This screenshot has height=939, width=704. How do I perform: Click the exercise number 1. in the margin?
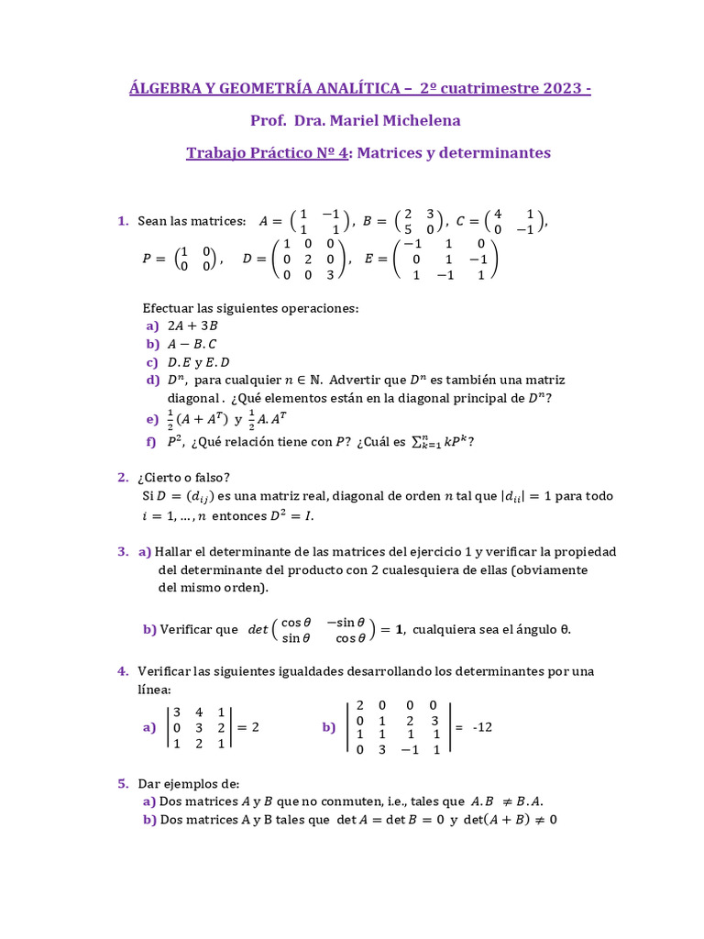(123, 221)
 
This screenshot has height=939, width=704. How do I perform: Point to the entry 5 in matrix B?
(408, 230)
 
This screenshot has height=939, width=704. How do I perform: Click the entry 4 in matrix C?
(498, 214)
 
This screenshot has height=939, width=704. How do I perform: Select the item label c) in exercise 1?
(152, 362)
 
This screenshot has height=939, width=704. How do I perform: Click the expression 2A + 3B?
(192, 326)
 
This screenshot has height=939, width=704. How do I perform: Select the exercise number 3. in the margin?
(123, 551)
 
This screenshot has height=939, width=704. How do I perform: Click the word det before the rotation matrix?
(258, 630)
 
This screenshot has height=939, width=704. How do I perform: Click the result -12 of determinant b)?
(482, 727)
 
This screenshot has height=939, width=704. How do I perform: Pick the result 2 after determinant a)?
(255, 727)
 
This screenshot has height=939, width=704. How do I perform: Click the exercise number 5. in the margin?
(123, 783)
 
